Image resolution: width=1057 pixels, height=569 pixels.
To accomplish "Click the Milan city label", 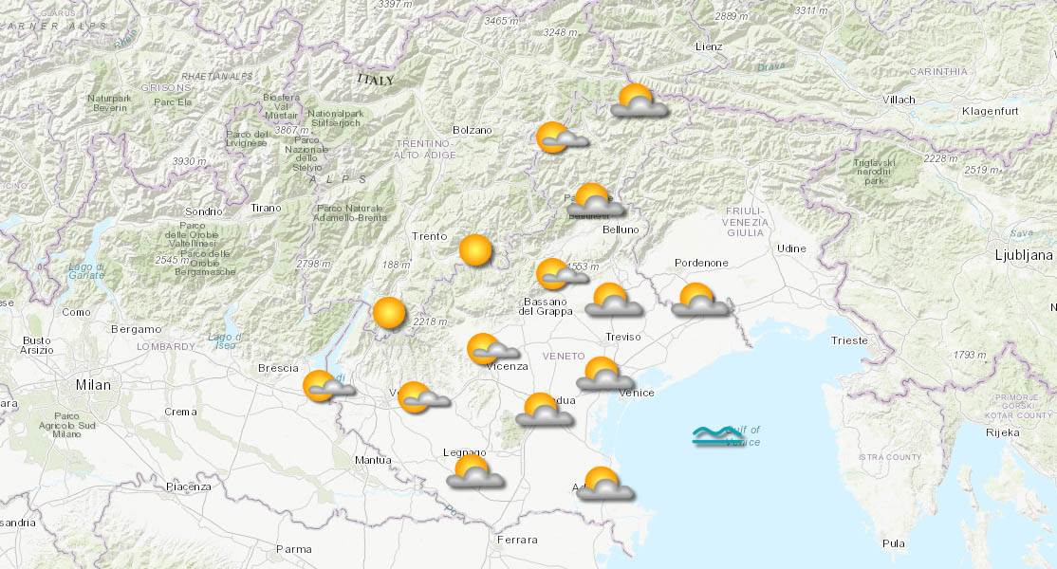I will click(x=93, y=385).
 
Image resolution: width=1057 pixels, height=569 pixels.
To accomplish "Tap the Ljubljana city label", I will click(x=1024, y=255).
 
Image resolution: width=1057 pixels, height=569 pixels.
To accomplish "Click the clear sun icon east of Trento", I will click(x=475, y=250).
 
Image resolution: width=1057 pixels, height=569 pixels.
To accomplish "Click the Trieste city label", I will click(x=848, y=340).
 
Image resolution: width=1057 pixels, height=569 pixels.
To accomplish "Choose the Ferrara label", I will click(x=516, y=540).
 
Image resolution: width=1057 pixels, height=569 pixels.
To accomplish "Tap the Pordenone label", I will click(x=701, y=263).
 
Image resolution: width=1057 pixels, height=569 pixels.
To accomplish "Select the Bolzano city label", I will click(x=473, y=130).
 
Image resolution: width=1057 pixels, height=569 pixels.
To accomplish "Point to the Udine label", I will click(x=791, y=248).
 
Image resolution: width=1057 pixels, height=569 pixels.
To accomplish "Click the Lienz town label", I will click(x=708, y=46).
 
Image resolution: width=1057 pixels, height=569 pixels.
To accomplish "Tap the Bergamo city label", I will click(x=136, y=329).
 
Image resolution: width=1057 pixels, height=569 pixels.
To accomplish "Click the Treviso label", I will click(x=623, y=337).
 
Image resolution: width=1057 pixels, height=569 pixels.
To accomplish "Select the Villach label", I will click(x=898, y=100).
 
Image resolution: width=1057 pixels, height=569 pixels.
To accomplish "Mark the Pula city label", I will click(x=893, y=543).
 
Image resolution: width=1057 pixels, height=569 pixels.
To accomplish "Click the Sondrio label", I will click(x=203, y=211).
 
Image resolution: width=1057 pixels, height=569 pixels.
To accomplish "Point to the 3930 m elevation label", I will click(x=190, y=161).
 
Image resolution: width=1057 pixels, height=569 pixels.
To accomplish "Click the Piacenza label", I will click(x=188, y=486).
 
